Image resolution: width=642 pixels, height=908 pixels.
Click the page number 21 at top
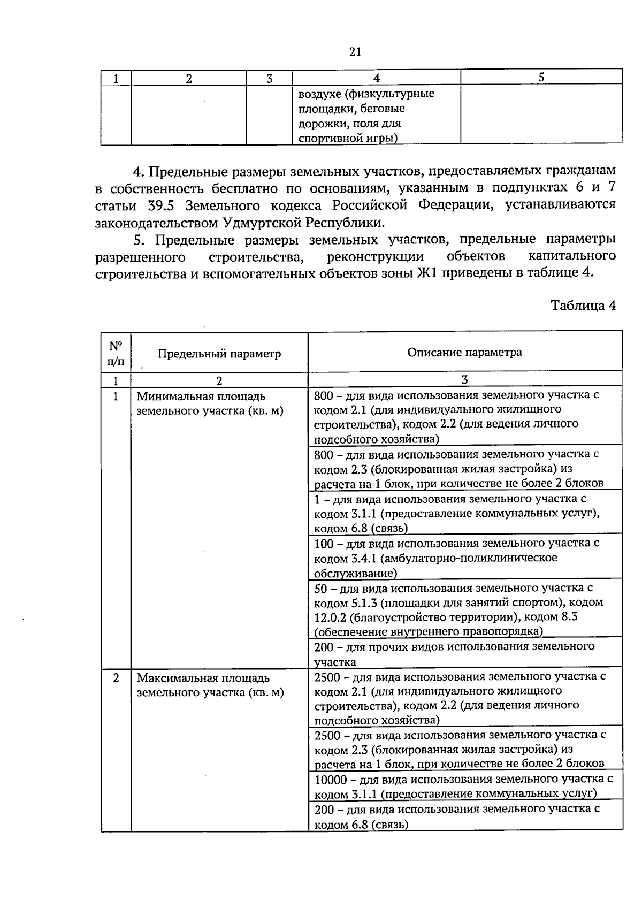pos(355,52)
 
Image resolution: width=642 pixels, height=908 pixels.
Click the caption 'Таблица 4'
pos(583,306)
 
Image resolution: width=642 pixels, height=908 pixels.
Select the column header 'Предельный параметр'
pos(219,353)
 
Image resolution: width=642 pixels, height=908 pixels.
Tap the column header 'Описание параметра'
pos(464,352)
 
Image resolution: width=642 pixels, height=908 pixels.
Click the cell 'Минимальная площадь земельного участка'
pos(210,404)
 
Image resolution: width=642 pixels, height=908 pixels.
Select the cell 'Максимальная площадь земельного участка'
pos(210,685)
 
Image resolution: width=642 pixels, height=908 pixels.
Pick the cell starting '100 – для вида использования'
pos(464,558)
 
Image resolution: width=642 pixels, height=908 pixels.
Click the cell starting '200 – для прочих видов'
pos(464,653)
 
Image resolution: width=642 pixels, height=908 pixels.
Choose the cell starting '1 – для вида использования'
pos(464,513)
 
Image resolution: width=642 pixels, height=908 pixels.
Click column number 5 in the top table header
pos(541,77)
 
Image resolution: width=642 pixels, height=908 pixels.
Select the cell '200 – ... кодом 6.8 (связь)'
pos(464,817)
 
